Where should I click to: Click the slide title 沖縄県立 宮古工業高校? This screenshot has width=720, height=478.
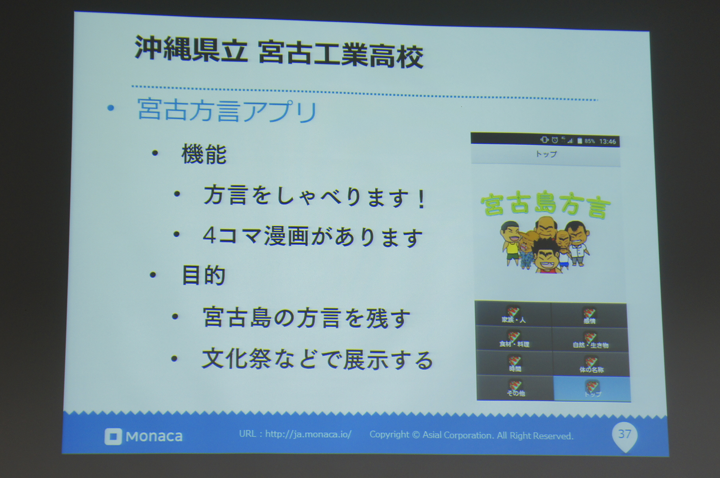tap(279, 54)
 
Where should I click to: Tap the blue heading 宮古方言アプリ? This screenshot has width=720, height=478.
tap(227, 111)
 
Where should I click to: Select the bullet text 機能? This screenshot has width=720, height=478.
tap(204, 154)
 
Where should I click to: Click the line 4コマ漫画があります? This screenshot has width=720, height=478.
tap(313, 237)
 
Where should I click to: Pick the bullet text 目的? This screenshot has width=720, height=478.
tap(203, 275)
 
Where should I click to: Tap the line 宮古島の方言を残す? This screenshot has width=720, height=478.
tap(306, 317)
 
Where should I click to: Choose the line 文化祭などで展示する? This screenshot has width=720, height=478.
tap(317, 360)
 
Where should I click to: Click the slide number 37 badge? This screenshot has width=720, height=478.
tap(625, 434)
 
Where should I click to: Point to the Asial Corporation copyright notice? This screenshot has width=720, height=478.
tap(471, 435)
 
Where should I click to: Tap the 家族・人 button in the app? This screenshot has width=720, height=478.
tap(513, 315)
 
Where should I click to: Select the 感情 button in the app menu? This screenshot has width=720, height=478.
tap(589, 316)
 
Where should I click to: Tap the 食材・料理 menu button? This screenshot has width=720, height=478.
tap(514, 340)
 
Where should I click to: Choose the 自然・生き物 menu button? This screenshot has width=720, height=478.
tap(590, 340)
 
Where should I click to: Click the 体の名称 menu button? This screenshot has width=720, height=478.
tap(591, 365)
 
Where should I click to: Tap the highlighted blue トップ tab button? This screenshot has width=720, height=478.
tap(592, 389)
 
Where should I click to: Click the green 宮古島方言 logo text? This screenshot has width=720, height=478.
tap(545, 206)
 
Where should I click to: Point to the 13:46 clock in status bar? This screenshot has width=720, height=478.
tap(607, 142)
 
